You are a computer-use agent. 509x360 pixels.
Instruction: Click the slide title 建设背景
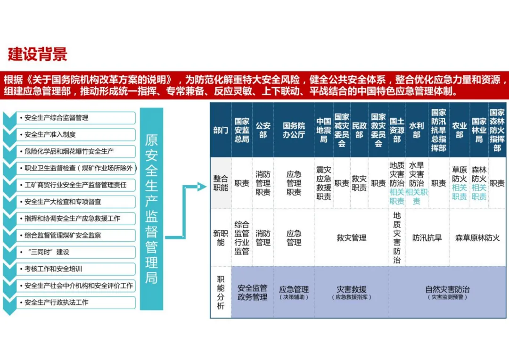coord(38,54)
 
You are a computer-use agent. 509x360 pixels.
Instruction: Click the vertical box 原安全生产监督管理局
coord(151,209)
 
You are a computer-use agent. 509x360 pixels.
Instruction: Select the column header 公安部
coord(263,130)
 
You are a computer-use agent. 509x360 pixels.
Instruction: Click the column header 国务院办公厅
coord(294,130)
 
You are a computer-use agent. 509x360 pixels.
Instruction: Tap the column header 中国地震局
coord(323,130)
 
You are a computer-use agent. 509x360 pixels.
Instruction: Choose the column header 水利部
coord(416,130)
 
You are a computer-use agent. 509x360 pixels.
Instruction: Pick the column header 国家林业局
coord(479,130)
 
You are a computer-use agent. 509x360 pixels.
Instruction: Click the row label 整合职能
coord(221,183)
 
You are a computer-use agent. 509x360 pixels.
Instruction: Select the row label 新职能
coord(221,238)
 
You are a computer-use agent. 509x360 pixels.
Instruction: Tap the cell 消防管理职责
coord(263,183)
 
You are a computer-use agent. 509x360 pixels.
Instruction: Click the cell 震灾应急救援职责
coord(323,183)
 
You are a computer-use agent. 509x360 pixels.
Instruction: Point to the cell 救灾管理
coord(351,238)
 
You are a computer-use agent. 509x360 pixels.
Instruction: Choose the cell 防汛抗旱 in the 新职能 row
coord(427,238)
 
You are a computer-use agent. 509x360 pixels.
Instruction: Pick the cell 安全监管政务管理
coord(252,292)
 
